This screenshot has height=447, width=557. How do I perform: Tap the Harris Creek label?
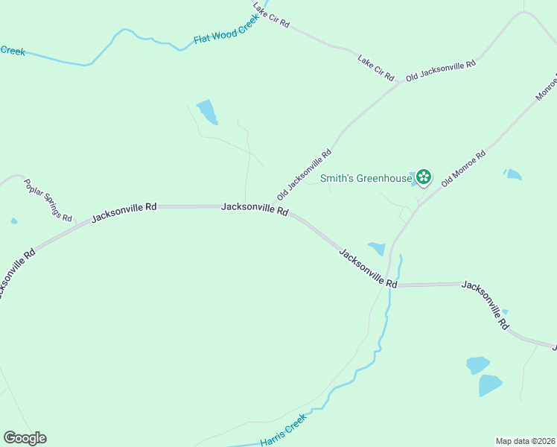[284, 431]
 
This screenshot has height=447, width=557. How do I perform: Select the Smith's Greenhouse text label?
[366, 178]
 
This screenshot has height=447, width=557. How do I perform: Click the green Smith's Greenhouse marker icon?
[423, 177]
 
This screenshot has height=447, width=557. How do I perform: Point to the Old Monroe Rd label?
[463, 168]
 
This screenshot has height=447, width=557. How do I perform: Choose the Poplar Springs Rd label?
[48, 200]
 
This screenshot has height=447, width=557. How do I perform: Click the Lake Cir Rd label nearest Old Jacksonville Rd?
[375, 68]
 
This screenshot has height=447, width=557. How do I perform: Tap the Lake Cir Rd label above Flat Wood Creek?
[270, 15]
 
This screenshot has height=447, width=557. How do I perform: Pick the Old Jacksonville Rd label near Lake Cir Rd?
[440, 71]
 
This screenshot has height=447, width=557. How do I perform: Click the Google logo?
[25, 438]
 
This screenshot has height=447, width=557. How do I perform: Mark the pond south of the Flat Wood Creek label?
[207, 112]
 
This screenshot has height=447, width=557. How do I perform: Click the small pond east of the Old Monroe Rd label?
[512, 174]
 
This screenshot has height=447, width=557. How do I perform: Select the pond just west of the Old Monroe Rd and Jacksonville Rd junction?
[377, 248]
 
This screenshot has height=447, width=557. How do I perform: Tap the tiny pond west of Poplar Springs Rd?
[14, 221]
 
